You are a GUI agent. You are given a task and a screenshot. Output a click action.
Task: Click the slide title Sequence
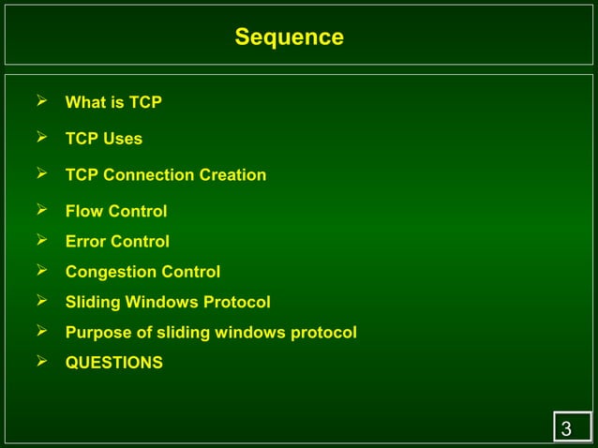(289, 37)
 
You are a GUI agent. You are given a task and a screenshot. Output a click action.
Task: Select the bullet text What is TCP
(113, 102)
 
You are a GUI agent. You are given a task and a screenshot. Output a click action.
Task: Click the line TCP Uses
(104, 139)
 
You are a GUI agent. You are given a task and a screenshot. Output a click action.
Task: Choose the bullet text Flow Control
(116, 212)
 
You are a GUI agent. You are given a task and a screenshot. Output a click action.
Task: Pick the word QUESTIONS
(113, 363)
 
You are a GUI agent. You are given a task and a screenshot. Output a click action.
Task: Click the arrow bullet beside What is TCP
(42, 100)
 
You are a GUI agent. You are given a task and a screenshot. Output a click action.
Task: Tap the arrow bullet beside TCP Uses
(42, 137)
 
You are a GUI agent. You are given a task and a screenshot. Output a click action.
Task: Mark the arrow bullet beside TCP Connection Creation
(42, 173)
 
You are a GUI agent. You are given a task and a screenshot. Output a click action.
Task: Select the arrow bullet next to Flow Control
(42, 210)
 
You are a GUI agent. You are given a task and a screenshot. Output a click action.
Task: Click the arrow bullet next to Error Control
(42, 240)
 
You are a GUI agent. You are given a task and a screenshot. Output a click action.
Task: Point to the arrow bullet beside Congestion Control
(42, 271)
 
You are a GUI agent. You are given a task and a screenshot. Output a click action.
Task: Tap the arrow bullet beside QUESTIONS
(42, 361)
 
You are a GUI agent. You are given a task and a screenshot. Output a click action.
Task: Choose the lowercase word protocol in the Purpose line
(323, 333)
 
